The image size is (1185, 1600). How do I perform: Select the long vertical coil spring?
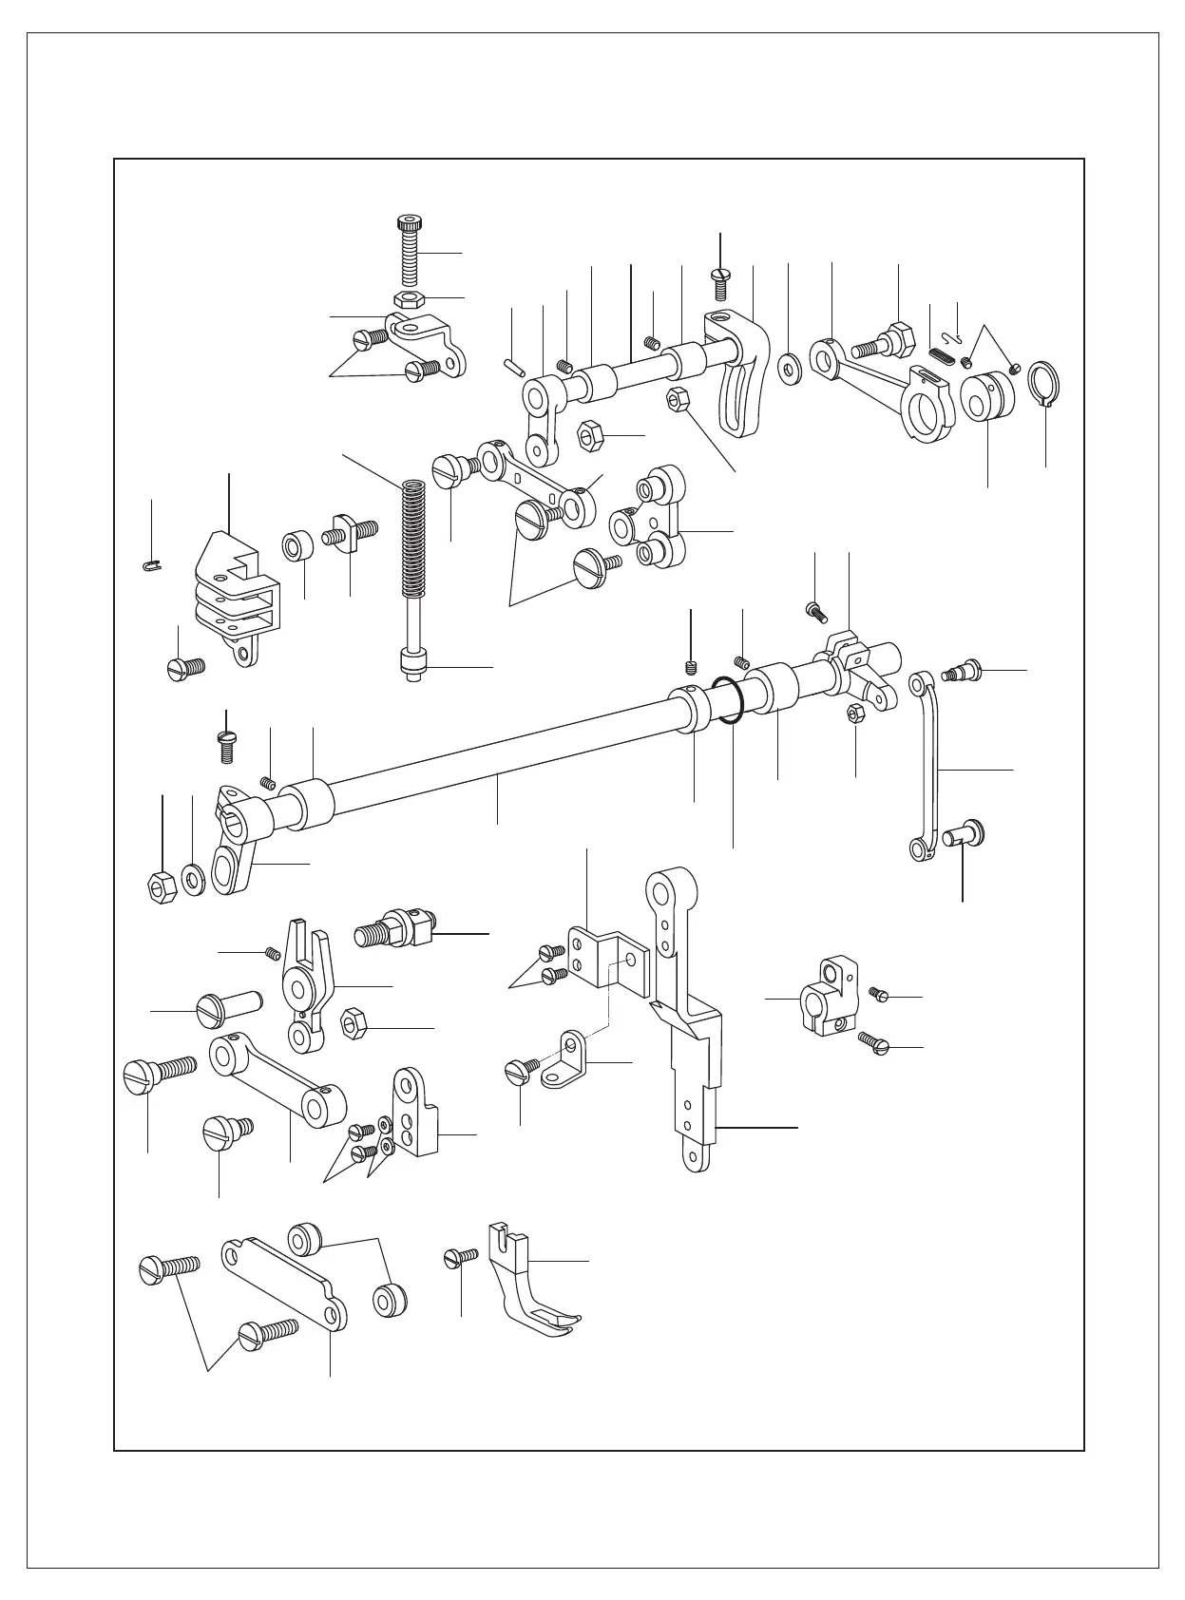(x=412, y=542)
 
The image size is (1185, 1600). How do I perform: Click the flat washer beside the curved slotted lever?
(x=789, y=368)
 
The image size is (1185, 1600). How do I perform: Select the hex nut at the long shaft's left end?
(x=160, y=886)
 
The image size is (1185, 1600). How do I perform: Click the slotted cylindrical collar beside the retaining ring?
(x=985, y=397)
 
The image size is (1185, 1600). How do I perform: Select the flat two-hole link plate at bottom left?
(x=285, y=1280)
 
